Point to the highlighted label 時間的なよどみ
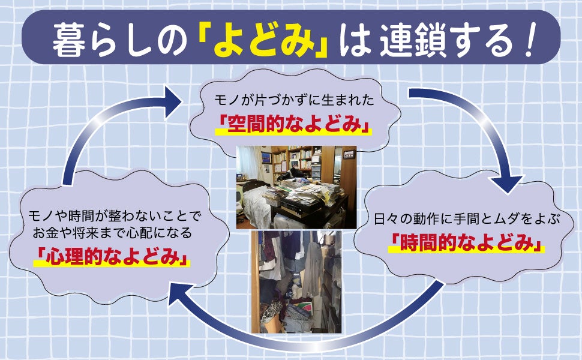pos(466,243)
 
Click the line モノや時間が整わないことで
pos(111,215)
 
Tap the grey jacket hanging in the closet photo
pos(312,264)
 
